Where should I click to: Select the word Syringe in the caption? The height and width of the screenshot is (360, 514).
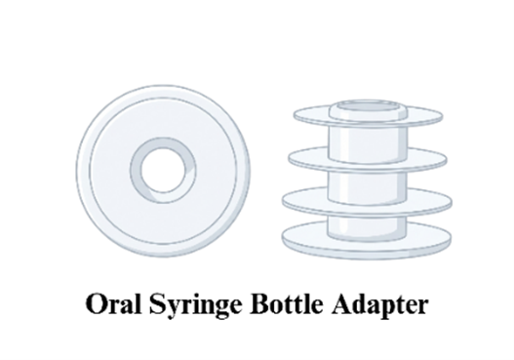pos(196,306)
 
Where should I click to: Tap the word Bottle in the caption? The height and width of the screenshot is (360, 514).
pos(288,303)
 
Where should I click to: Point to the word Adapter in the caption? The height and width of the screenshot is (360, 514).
pos(379,305)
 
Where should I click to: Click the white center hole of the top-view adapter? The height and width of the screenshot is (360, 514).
pos(163,170)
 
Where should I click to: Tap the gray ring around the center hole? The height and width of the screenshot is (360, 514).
pos(136,171)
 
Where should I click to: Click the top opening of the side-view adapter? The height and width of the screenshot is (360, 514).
pos(369,107)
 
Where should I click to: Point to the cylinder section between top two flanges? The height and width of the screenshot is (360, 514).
pos(368,143)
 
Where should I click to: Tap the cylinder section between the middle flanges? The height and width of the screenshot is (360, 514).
pos(368,185)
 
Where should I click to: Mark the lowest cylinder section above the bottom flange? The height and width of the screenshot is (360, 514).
pos(367,226)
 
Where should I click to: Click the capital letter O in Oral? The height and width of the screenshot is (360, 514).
pos(97,303)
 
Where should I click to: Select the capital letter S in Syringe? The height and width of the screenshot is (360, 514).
pos(157,303)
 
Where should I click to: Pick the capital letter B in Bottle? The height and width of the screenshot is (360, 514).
pos(261,303)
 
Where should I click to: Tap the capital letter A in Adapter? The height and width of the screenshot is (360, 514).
pos(342,303)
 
